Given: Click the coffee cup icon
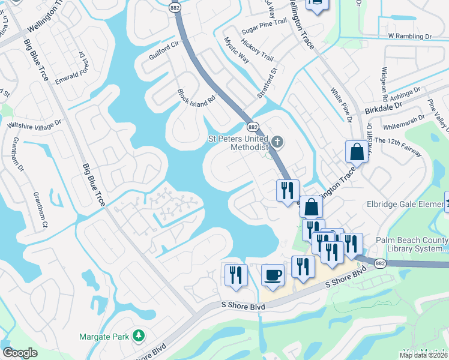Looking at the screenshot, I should click(273, 275).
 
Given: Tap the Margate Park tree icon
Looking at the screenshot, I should click(139, 335).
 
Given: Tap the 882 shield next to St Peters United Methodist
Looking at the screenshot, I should click(253, 127).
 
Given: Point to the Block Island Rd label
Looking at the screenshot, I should click(196, 97).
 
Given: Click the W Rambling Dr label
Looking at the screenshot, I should click(409, 36).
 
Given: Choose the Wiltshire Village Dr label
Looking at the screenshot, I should click(34, 124).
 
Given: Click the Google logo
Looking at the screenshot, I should click(20, 353).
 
